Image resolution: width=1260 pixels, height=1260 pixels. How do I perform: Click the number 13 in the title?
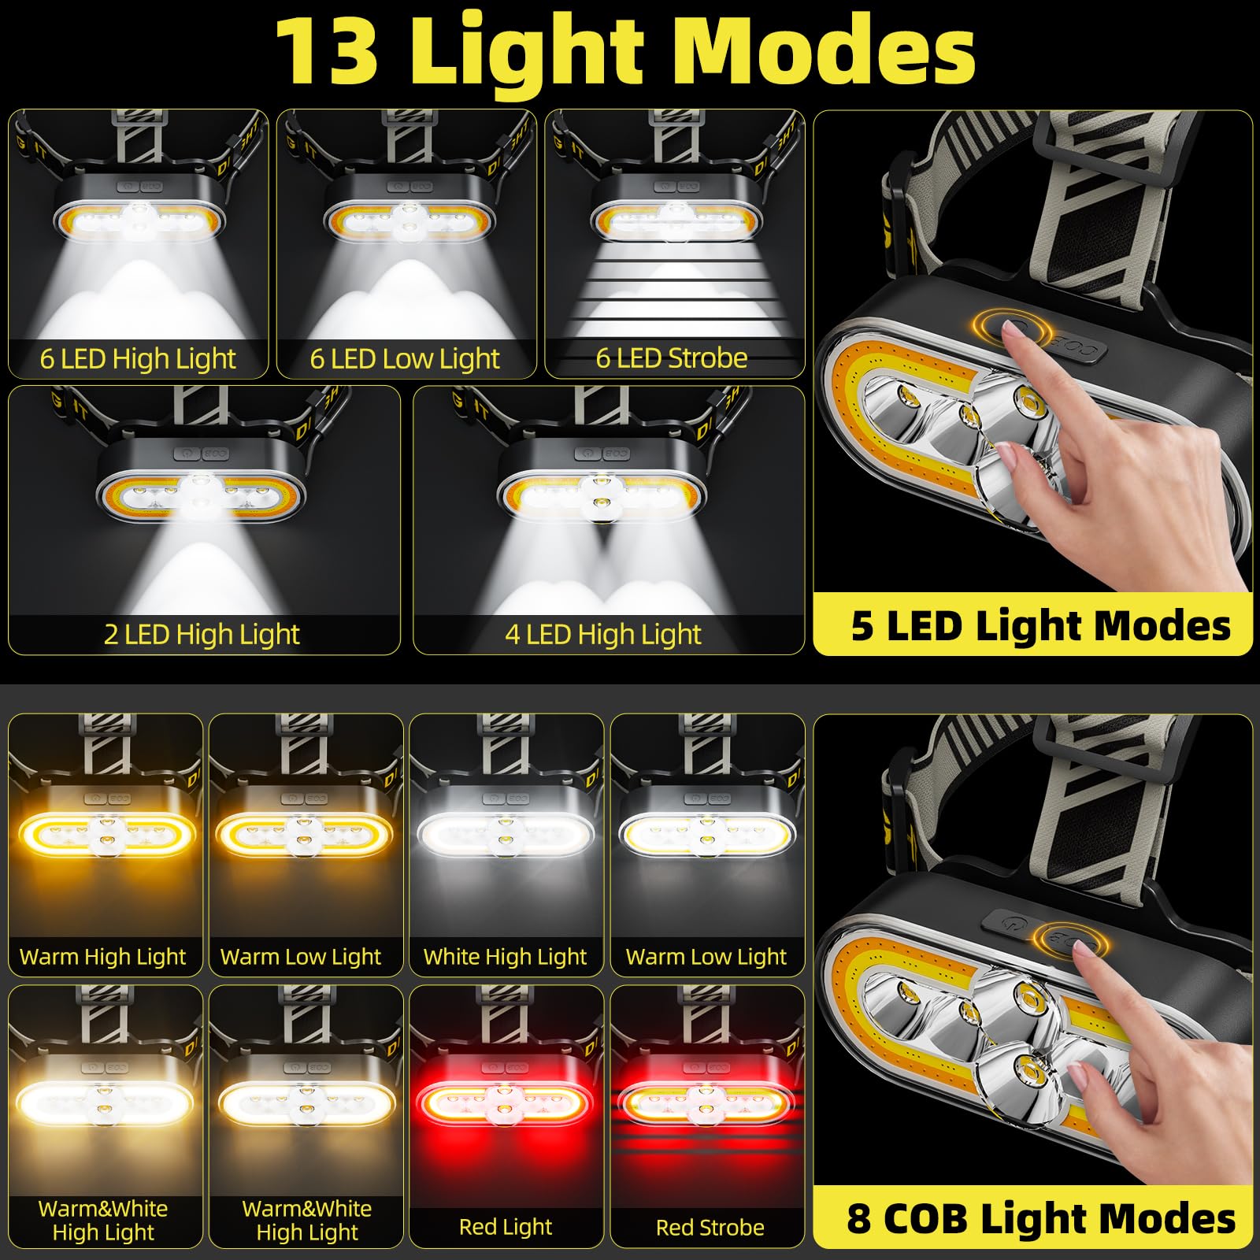[x=327, y=51]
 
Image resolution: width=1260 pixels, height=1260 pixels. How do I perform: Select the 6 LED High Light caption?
[x=138, y=359]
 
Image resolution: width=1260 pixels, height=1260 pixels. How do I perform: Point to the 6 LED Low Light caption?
[x=405, y=359]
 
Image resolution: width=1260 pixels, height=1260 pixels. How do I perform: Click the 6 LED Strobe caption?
[x=672, y=358]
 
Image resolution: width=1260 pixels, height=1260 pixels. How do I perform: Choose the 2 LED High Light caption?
[x=202, y=635]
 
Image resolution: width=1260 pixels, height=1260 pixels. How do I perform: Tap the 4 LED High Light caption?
[x=603, y=635]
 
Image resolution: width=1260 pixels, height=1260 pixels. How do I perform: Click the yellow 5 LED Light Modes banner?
[x=1032, y=626]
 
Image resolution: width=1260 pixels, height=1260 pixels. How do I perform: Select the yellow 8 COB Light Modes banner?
[x=1032, y=1218]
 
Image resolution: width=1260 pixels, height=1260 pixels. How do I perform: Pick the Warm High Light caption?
[x=103, y=957]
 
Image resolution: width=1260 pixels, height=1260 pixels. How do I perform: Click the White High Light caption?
[x=506, y=957]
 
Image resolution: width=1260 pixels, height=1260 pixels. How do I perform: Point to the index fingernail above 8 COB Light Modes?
[x=1084, y=954]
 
